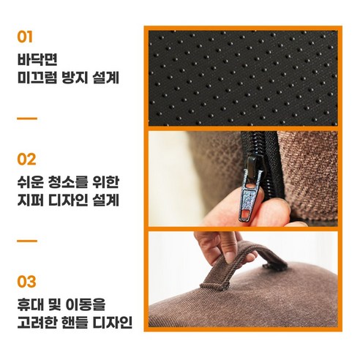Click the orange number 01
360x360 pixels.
pyautogui.click(x=26, y=36)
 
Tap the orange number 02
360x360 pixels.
pyautogui.click(x=26, y=159)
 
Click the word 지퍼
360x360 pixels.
pyautogui.click(x=31, y=199)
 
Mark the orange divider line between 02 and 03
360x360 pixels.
pyautogui.click(x=26, y=240)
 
